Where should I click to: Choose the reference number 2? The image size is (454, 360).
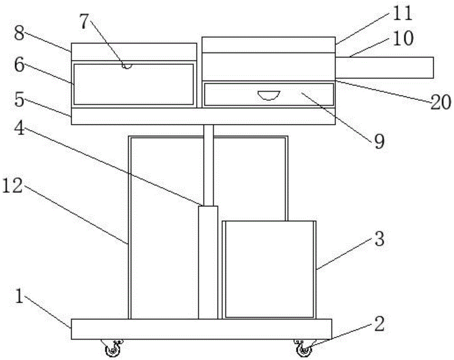[x=379, y=324]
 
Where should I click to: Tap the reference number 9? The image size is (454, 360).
[x=379, y=141]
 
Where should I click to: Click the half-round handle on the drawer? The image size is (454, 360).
[x=269, y=95]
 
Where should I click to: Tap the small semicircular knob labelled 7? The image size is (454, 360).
[x=128, y=66]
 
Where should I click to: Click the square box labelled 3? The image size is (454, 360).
[x=270, y=269]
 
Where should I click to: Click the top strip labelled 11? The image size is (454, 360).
[x=268, y=44]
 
